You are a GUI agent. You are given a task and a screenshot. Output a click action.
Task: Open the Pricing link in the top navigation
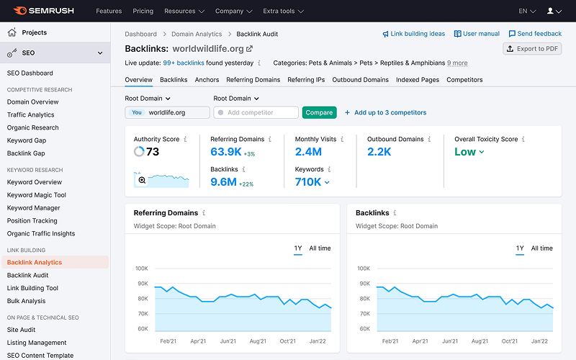tap(143, 12)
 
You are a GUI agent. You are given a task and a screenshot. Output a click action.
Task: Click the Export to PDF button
tap(532, 49)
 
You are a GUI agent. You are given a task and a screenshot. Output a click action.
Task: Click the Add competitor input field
tap(256, 112)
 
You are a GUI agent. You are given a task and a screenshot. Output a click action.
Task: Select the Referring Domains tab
tap(253, 80)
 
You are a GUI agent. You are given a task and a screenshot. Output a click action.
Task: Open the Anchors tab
tap(207, 80)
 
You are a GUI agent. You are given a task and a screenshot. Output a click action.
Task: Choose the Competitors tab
tap(464, 80)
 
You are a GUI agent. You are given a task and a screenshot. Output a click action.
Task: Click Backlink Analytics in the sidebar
tap(35, 263)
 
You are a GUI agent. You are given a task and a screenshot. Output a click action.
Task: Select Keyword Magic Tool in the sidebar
tap(37, 195)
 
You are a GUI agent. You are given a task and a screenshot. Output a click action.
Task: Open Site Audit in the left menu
tap(22, 330)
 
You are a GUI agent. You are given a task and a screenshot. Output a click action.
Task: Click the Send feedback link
tap(535, 34)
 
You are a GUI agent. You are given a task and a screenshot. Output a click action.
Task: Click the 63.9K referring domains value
tap(225, 152)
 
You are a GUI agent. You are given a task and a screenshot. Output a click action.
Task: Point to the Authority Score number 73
tap(153, 152)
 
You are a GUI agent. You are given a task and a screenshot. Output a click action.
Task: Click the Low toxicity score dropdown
tap(469, 152)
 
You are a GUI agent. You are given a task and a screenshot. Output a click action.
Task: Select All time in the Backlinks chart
tap(541, 248)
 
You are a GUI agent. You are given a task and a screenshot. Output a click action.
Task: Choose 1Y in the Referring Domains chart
tap(298, 248)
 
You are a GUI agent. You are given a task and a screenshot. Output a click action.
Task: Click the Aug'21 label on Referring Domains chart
tap(258, 341)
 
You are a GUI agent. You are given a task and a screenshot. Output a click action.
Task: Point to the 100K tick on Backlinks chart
tap(364, 269)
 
